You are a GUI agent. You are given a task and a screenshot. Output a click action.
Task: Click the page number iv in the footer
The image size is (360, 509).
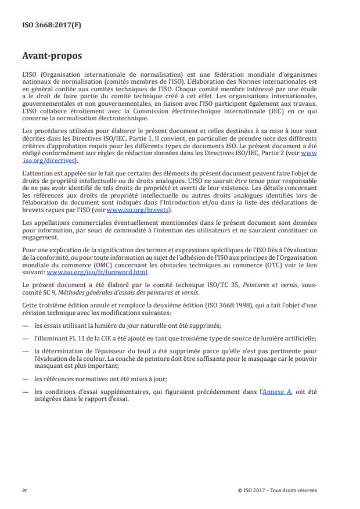coord(24,490)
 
